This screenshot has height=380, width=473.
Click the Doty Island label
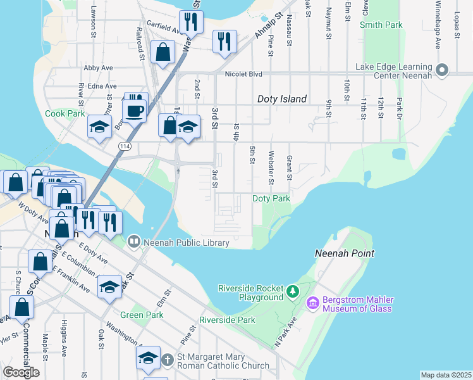point(282,99)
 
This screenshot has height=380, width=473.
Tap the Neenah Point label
point(345,253)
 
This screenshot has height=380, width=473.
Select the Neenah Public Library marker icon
point(133,241)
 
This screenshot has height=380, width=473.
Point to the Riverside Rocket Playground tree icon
point(292,291)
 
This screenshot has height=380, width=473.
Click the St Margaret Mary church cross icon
point(168,360)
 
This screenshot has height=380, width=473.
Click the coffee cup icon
point(133,111)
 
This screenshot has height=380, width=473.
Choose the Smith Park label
point(381,25)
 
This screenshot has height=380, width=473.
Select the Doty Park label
point(271,198)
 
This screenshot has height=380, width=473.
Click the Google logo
point(21,372)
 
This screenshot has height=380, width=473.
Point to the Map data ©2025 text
point(446,375)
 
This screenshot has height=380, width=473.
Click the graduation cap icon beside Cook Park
point(99,127)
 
